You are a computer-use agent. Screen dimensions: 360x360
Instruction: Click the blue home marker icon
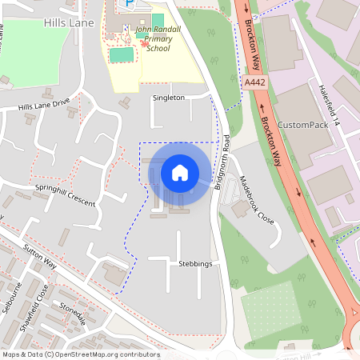[180, 172]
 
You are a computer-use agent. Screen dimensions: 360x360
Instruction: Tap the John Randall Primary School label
[164, 38]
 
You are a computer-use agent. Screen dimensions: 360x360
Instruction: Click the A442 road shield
[255, 82]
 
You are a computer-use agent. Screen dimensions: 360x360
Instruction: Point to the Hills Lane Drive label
[44, 106]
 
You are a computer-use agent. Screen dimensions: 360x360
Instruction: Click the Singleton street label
[168, 98]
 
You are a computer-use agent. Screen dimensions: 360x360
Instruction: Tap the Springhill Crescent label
[65, 197]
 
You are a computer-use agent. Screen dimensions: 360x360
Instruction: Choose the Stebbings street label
[195, 263]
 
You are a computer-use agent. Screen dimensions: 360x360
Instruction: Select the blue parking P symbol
[128, 5]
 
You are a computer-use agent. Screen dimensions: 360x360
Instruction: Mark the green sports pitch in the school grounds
[122, 54]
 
